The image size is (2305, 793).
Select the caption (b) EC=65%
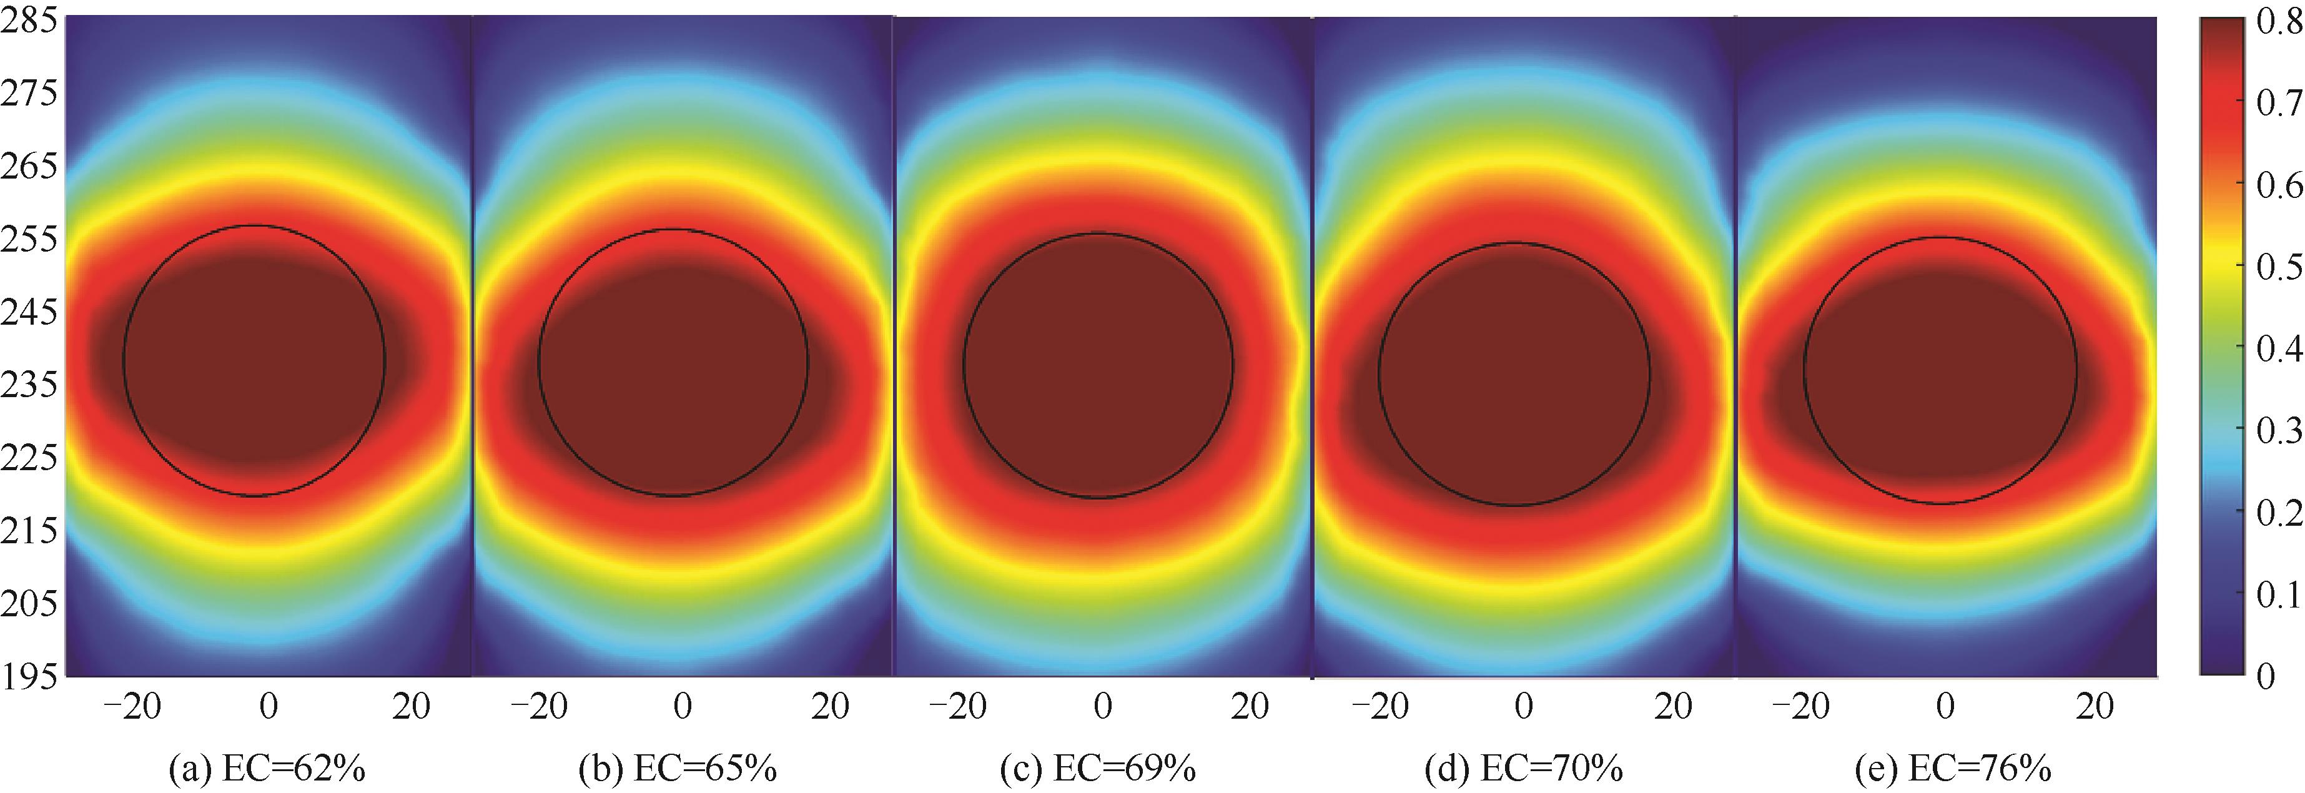click(678, 769)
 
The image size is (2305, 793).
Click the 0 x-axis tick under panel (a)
click(267, 707)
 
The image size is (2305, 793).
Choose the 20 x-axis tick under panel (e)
click(2093, 707)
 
